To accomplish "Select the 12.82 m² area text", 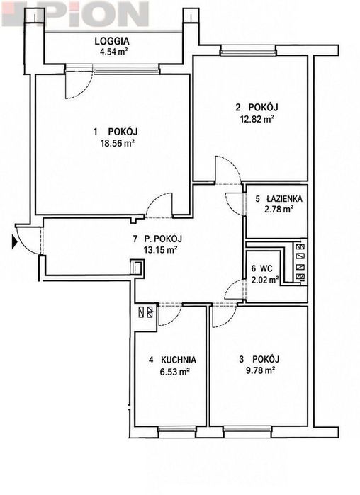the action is pos(257,119).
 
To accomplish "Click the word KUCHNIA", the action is pos(179,360).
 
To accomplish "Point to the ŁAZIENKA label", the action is pos(284,199).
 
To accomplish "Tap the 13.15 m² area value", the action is pos(160,251).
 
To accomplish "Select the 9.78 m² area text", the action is pos(260,370).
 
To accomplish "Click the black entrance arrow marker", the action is pos(14,241).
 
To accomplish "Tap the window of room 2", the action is pos(248,50).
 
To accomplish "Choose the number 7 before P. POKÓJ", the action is pos(135,239).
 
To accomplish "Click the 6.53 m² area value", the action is pos(174,372).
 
